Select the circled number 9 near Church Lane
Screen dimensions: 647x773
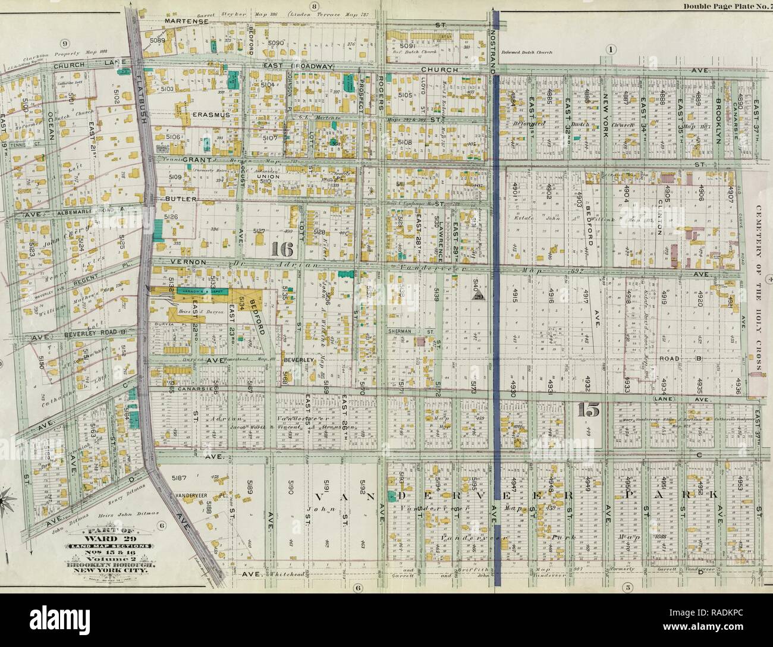point(65,43)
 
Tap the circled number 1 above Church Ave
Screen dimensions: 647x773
point(611,48)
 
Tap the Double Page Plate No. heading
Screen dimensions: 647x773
point(725,7)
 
